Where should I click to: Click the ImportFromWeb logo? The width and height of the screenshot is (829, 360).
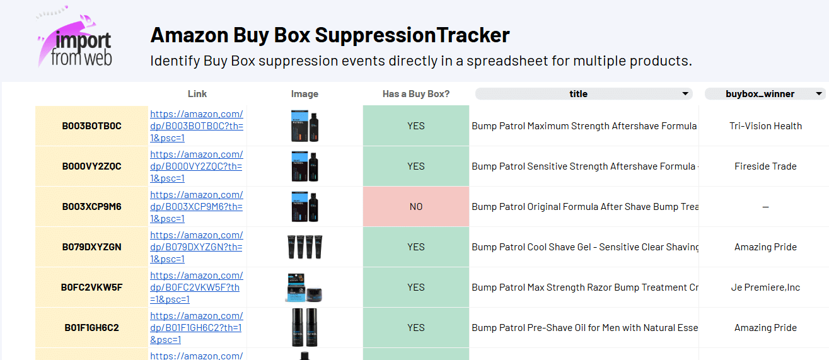(74, 39)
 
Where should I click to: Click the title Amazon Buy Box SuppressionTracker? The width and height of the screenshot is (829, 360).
(330, 35)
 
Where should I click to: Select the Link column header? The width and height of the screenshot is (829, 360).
(197, 94)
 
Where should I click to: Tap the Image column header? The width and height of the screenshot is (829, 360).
(304, 94)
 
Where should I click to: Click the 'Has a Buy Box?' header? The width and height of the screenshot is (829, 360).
(416, 94)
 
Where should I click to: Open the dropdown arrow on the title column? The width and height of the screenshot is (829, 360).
(685, 94)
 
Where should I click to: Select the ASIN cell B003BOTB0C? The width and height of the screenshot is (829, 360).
(91, 126)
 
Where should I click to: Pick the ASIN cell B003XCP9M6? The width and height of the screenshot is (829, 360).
(91, 207)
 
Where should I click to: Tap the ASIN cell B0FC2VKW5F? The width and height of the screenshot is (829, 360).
(91, 287)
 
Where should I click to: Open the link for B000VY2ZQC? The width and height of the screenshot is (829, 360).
(196, 166)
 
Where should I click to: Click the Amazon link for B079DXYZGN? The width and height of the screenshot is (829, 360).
(196, 247)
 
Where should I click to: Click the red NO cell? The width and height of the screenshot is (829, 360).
(416, 207)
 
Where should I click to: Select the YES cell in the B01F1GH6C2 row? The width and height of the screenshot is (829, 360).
(416, 328)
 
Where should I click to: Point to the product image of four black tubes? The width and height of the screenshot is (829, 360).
(304, 247)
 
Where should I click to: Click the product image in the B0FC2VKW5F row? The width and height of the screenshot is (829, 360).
(304, 287)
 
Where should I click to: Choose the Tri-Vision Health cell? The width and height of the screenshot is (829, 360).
(765, 126)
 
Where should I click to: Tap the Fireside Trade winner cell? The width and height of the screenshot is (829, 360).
(765, 166)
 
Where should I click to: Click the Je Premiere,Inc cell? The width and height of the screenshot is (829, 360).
(765, 287)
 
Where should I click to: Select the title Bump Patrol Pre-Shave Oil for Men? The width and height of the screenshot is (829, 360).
(584, 328)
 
